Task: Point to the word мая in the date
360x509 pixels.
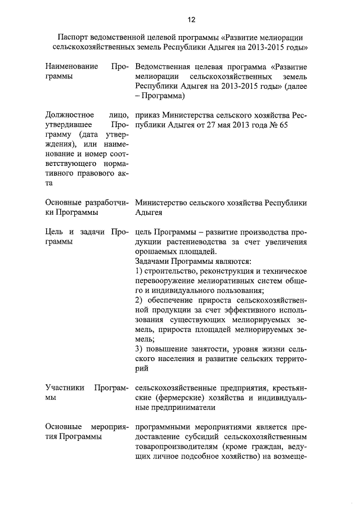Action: (213, 124)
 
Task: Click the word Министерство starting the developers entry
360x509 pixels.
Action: (163, 202)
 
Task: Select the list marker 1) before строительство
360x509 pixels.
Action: (139, 272)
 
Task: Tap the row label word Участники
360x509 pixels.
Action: (64, 388)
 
